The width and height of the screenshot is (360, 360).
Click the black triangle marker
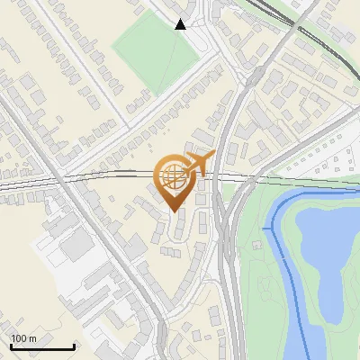coord(181,24)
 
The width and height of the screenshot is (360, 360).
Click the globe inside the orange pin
coord(175,177)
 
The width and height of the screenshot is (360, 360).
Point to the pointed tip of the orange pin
coord(175,211)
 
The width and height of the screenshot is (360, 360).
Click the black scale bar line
coord(42,346)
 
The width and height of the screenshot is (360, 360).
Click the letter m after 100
coord(31,338)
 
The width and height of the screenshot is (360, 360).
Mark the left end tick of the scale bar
coord(11,346)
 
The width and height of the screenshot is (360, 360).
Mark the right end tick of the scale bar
coord(74,346)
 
